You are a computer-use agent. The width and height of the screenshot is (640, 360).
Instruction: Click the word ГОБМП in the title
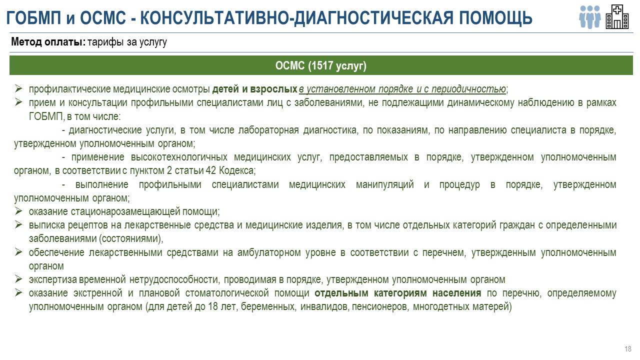33,17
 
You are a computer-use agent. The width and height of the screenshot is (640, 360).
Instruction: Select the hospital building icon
617,16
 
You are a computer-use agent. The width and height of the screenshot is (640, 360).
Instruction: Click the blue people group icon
589,17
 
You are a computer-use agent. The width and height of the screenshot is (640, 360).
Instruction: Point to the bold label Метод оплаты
48,41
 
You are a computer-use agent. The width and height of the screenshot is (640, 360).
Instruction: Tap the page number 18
627,349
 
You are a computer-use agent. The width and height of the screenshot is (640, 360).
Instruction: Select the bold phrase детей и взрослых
254,89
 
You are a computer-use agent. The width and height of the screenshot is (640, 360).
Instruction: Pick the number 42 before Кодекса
211,170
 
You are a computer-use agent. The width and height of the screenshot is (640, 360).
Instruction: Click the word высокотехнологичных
179,157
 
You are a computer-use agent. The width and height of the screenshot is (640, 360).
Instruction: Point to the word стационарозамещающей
125,211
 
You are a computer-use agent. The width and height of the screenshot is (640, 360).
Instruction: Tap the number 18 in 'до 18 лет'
213,306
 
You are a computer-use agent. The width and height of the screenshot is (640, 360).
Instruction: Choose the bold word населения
456,293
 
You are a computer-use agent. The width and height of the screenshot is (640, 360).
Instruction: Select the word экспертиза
52,279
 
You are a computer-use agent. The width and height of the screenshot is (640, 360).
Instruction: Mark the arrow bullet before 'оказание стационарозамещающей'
18,211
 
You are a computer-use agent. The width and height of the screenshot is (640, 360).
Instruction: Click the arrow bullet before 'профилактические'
18,88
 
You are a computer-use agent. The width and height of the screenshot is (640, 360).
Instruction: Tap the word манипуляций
385,184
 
